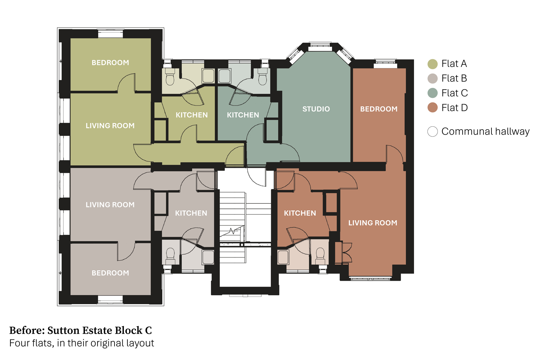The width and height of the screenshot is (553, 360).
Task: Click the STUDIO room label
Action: tap(316, 109)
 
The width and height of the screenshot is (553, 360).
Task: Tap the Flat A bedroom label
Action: tap(111, 63)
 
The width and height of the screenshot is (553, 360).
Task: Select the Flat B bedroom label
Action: tap(111, 273)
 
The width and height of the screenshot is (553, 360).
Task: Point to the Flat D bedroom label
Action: tap(379, 109)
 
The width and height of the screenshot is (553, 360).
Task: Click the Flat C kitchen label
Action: tap(243, 115)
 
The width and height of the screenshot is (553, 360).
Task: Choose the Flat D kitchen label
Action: tap(300, 213)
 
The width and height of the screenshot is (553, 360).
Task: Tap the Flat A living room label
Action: tap(110, 126)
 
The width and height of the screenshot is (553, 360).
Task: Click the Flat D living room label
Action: tap(373, 223)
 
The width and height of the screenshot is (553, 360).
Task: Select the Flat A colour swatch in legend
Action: tap(432, 64)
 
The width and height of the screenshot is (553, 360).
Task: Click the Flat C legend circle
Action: tap(432, 93)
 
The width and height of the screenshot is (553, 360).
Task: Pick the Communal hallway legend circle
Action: tap(432, 132)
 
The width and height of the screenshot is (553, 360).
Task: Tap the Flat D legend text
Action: tap(454, 108)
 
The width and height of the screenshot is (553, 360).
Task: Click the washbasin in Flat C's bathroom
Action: tap(224, 76)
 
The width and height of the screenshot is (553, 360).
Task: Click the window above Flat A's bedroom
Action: tap(111, 33)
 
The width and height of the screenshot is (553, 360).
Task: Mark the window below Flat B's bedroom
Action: tap(111, 300)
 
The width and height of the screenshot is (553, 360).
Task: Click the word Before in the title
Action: tap(27, 330)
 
